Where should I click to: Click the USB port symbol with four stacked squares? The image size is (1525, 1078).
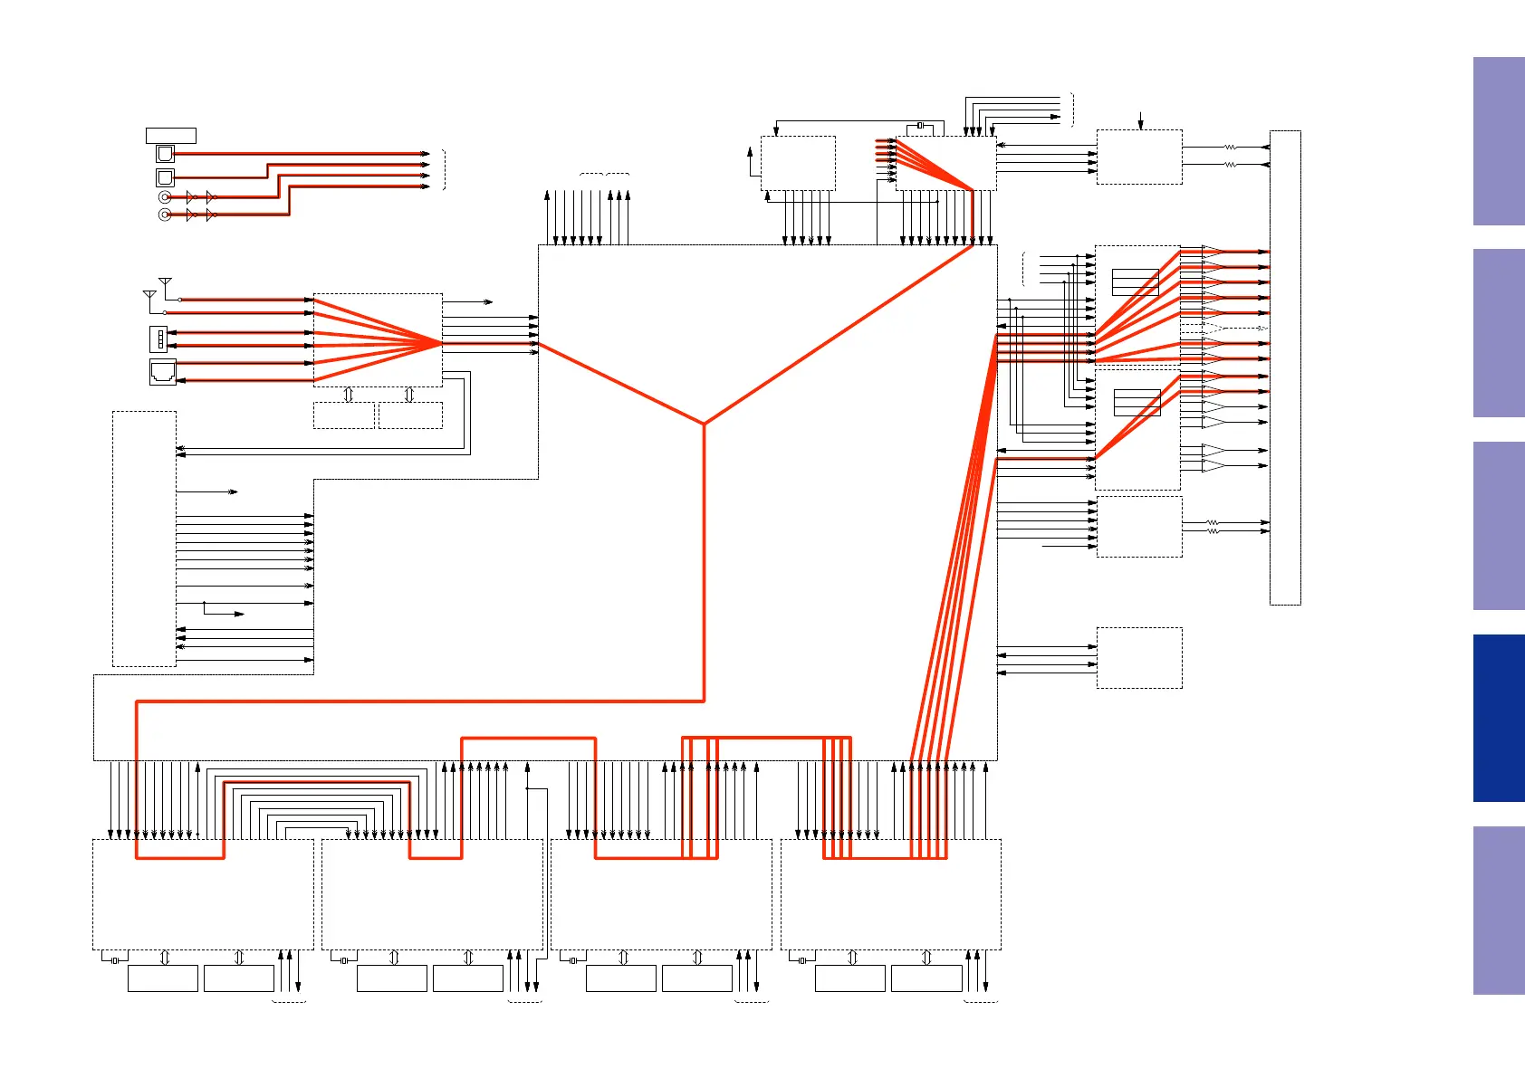coord(158,339)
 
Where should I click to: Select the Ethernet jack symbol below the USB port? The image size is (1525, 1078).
coord(162,372)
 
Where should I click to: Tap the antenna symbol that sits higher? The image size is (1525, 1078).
coord(165,283)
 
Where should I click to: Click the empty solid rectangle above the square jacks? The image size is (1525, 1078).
coord(170,136)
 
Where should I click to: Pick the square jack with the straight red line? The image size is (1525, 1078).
coord(165,154)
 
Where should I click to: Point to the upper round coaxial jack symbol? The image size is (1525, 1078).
coord(164,196)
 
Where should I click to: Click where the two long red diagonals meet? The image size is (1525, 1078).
coord(704,423)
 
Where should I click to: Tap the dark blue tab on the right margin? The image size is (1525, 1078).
coord(1498,718)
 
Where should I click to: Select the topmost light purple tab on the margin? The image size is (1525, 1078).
coord(1498,141)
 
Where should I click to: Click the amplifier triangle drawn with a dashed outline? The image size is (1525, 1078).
coord(1212,328)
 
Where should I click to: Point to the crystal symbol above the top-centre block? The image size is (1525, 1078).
coord(920,125)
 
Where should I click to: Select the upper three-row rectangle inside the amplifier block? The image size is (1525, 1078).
coord(1135,282)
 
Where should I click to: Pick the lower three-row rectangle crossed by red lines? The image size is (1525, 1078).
coord(1137,402)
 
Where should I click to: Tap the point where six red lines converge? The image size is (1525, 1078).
coord(442,343)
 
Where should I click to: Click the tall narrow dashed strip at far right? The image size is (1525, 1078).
coord(1285,367)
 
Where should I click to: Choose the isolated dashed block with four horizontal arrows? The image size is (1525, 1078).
coord(1139,658)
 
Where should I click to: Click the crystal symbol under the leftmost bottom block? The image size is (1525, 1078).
coord(115,960)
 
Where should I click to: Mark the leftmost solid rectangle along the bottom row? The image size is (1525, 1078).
coord(163,978)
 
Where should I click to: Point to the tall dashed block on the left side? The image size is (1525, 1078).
coord(144,539)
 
